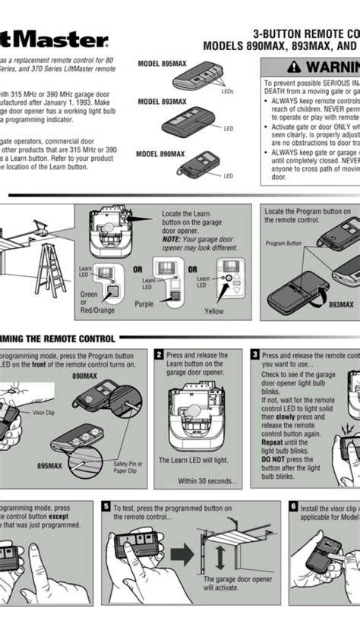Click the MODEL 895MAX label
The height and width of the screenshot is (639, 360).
pos(162,65)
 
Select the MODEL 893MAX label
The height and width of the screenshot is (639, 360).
pos(162,101)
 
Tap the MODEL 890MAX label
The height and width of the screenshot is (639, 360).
pos(160,153)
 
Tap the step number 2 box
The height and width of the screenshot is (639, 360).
pos(159,354)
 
